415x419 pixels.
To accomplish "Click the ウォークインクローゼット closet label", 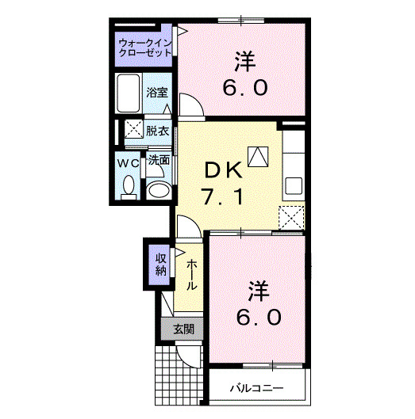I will tap(144, 46).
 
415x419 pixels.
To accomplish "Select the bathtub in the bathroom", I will tap(129, 93).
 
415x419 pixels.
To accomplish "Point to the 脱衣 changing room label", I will tap(157, 131).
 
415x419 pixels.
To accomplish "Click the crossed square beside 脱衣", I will tap(132, 131).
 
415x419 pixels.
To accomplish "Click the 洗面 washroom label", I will tap(159, 160).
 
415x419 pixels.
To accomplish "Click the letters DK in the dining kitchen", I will tap(222, 170).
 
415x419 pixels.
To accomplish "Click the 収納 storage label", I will tap(161, 264).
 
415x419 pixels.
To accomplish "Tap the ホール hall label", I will tap(192, 274).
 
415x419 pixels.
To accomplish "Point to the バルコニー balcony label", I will tap(257, 389).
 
